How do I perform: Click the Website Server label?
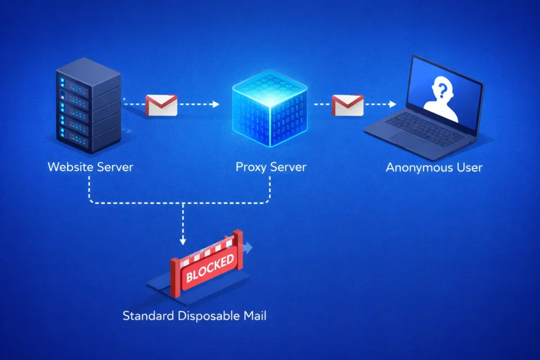[90, 168]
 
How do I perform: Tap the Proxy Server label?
[271, 168]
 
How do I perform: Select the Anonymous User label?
[434, 168]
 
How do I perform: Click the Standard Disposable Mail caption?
[195, 316]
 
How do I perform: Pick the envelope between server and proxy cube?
[161, 105]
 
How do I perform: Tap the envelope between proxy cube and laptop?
[348, 105]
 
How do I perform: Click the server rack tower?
[88, 105]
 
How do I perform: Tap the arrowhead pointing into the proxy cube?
[216, 104]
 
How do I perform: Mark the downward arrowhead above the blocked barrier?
[182, 242]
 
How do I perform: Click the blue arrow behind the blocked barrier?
[248, 247]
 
